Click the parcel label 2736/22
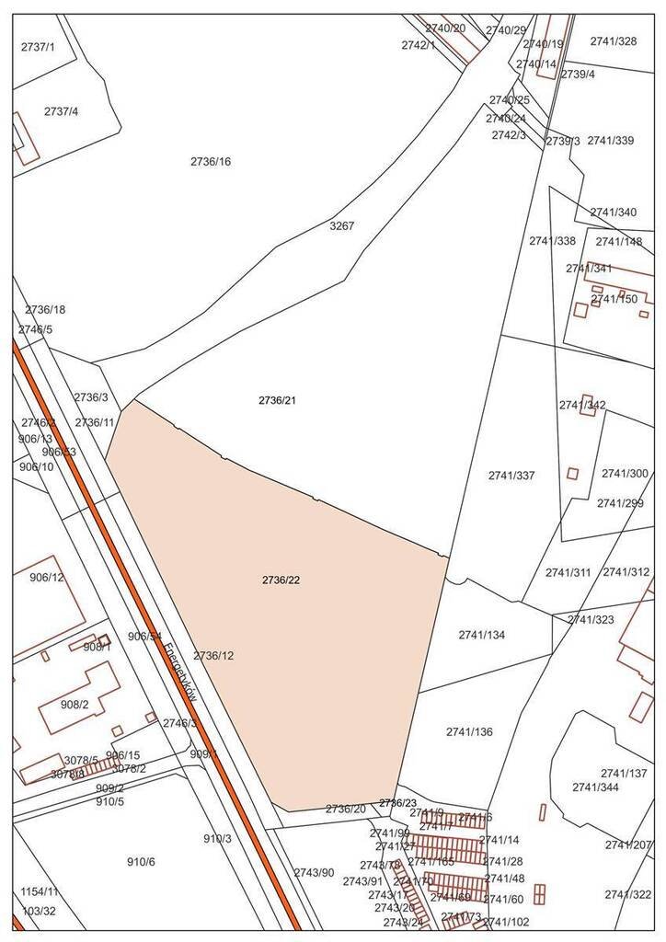pos(281,580)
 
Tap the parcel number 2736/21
pos(277,401)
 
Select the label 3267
pos(341,225)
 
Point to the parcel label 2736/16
pos(211,162)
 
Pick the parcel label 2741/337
pos(511,476)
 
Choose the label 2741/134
pos(482,635)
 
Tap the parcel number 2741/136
pos(469,732)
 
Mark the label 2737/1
pos(39,46)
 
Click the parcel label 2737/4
pos(62,112)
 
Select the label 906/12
pos(47,578)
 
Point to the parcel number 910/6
pos(141,862)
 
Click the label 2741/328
pos(614,41)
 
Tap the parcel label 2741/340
pos(614,213)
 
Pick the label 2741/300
pos(625,474)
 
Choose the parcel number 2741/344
pos(595,787)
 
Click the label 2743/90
pos(315,872)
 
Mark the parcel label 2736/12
pos(213,656)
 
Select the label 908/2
pos(75,705)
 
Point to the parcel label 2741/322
pos(628,895)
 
